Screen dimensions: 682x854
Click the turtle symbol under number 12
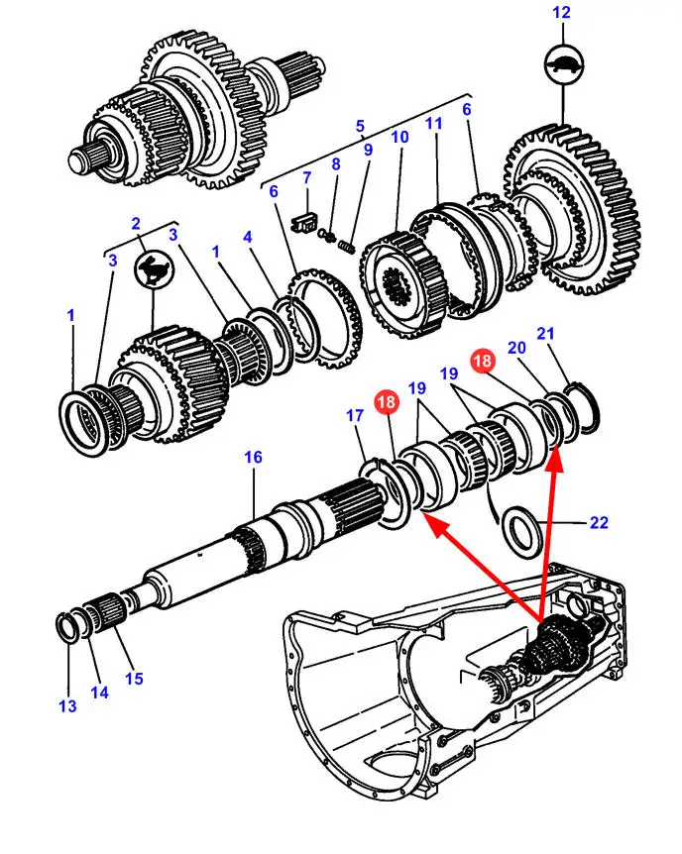click(564, 64)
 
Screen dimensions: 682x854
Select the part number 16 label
click(253, 458)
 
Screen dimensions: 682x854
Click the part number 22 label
click(599, 523)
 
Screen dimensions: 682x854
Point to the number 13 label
click(67, 706)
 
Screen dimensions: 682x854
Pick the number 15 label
click(134, 680)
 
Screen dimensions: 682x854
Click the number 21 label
click(546, 333)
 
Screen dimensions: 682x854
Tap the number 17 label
click(354, 415)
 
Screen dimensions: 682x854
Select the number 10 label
click(399, 137)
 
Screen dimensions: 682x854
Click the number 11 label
click(433, 124)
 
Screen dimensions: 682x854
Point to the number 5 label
click(360, 127)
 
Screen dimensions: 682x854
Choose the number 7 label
click(307, 177)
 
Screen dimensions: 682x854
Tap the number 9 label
click(368, 150)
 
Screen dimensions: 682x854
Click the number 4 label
click(248, 237)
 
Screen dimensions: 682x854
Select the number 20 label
click(516, 348)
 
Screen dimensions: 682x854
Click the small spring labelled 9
click(346, 246)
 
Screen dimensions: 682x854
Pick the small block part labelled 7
click(304, 223)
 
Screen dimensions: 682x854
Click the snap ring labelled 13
click(67, 627)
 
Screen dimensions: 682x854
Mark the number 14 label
click(99, 693)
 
